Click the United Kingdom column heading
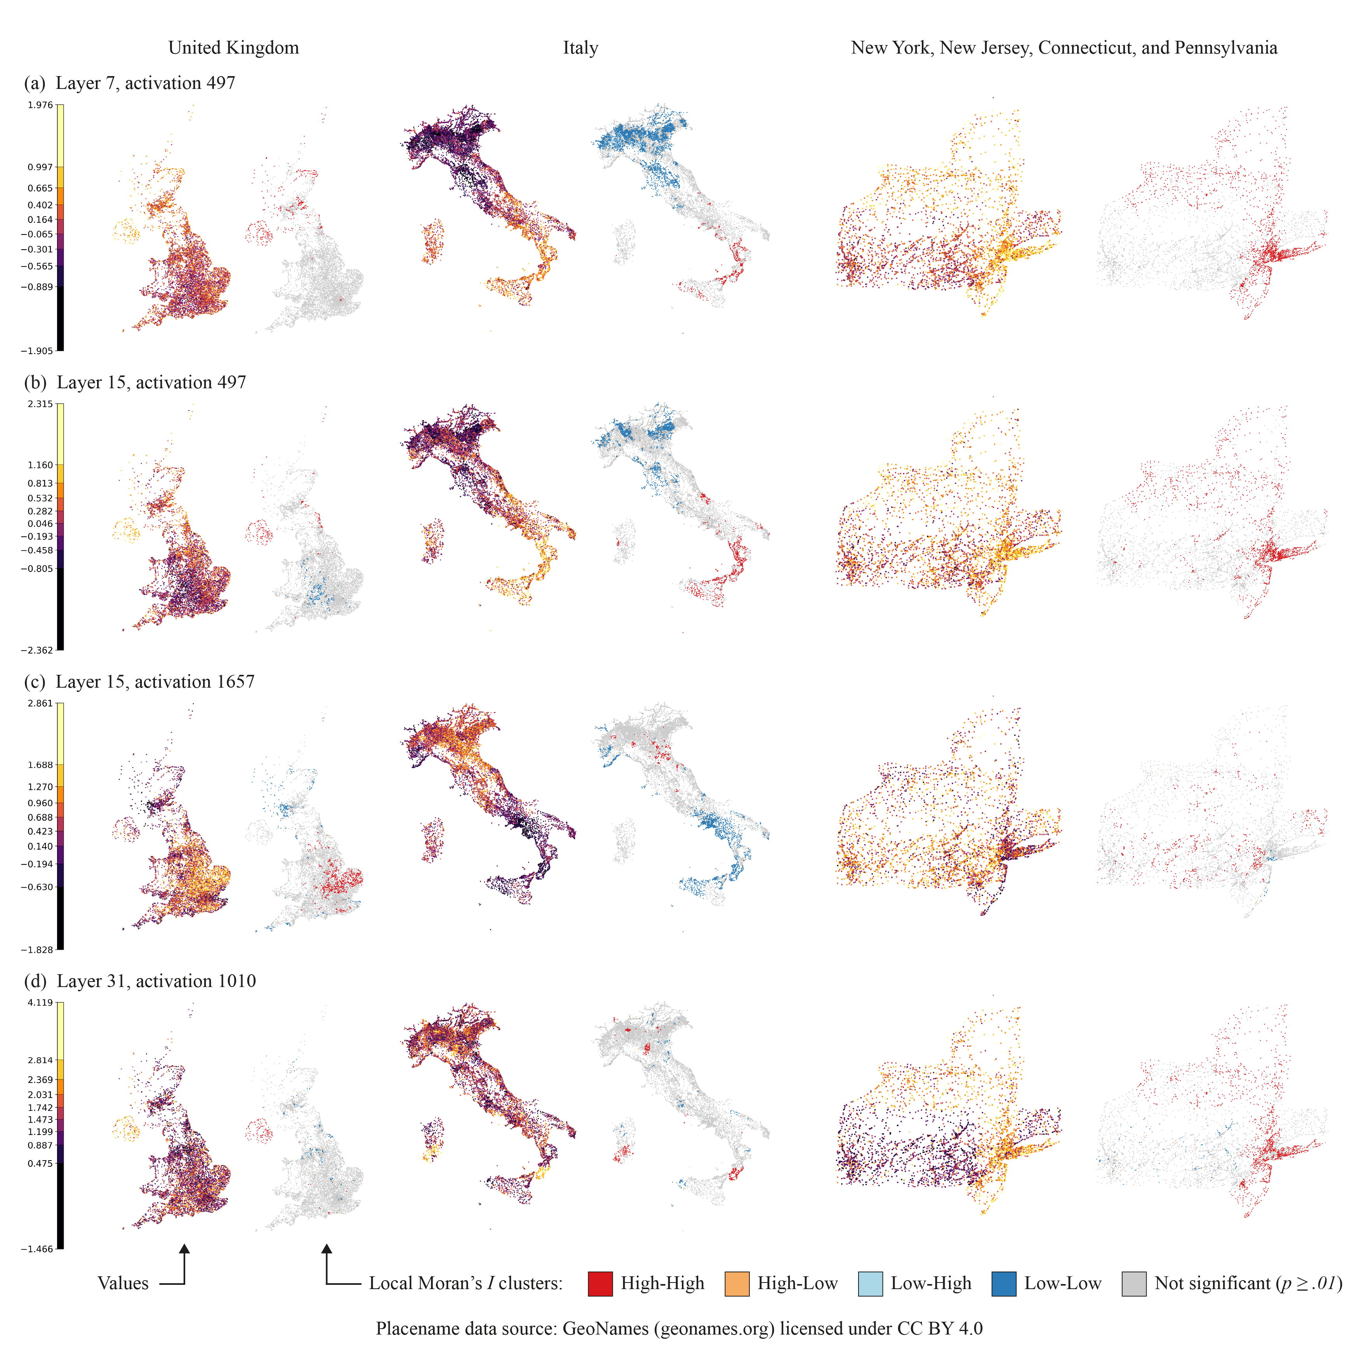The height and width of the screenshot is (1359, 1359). [x=233, y=48]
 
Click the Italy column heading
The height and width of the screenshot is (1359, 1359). [x=580, y=48]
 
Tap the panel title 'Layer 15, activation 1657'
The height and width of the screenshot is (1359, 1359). [x=155, y=681]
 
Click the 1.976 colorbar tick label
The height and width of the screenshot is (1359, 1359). [x=40, y=105]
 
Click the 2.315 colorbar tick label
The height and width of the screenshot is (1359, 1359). [x=40, y=404]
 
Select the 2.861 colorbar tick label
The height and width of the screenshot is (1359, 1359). [x=40, y=704]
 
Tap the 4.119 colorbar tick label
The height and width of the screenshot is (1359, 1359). [x=40, y=1003]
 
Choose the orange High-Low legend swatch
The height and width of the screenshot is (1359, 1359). [x=737, y=1284]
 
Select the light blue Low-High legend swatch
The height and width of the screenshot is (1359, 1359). [x=870, y=1284]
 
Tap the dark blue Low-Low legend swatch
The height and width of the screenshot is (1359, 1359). [x=1004, y=1284]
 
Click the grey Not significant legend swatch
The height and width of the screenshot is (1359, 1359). [x=1134, y=1284]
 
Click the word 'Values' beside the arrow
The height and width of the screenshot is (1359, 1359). [x=123, y=1284]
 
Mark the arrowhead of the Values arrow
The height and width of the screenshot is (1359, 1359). [x=184, y=1249]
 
